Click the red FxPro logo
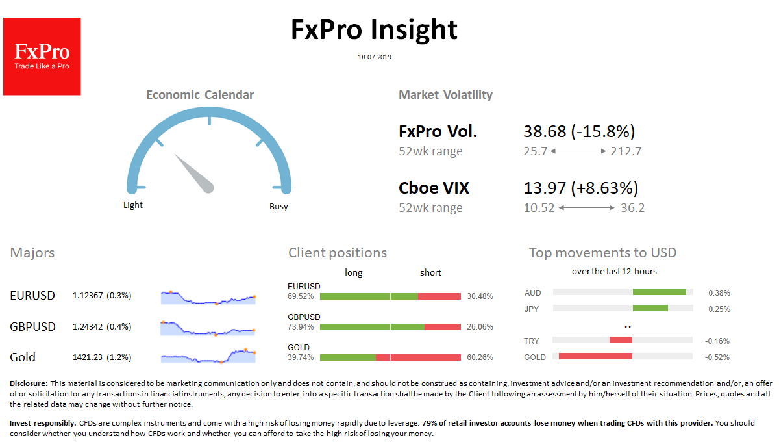coord(42,57)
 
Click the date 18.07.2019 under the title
coord(375,57)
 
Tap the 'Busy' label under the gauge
coord(278,207)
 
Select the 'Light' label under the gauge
coord(133,205)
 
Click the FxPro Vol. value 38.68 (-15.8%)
coord(579,132)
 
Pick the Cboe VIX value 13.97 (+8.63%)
coord(581,188)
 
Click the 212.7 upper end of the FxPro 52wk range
coord(626,151)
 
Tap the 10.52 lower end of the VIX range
coord(538,208)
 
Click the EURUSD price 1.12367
coord(89,296)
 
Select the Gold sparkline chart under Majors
coord(208,356)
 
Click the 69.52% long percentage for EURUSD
coord(301,296)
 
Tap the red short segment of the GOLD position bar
coord(418,357)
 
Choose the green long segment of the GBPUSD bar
coord(372,327)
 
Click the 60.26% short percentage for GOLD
coord(480,357)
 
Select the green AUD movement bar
coord(660,292)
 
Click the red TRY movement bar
coord(621,340)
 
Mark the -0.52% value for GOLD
coord(718,357)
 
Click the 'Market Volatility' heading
coord(445,95)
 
